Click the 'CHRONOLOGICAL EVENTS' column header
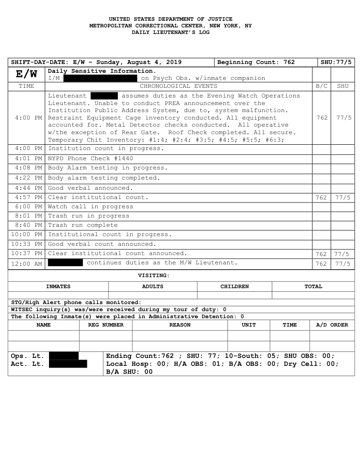click(x=178, y=86)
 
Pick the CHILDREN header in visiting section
click(x=234, y=286)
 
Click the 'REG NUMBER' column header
click(x=106, y=325)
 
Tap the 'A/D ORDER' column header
click(x=332, y=325)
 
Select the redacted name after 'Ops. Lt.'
click(x=64, y=356)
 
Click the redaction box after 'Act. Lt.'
click(x=68, y=364)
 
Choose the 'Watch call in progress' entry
click(x=90, y=206)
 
